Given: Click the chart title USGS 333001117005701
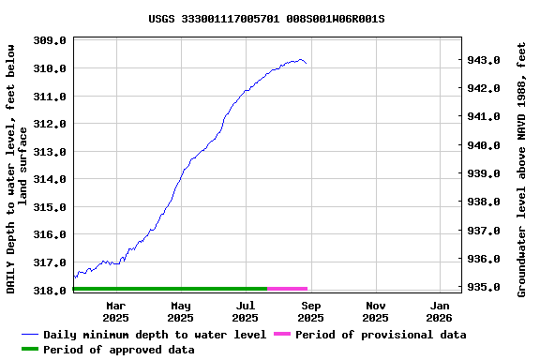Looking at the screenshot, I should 266,19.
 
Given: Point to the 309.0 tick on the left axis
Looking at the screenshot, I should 49,41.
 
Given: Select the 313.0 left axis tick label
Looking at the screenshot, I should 49,151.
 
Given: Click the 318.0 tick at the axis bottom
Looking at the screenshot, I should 49,290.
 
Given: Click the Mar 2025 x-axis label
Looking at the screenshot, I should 116,311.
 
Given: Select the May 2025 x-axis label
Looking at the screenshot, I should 181,311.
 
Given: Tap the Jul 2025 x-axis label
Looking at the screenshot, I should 246,311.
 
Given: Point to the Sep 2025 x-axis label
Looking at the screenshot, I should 311,311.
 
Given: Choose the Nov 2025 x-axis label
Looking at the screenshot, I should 376,311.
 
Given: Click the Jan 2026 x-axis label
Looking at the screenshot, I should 441,311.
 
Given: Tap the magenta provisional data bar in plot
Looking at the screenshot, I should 288,289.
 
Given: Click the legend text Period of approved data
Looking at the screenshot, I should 119,350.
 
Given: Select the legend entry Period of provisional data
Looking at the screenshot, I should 367,335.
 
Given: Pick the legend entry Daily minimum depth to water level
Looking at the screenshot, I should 155,335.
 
